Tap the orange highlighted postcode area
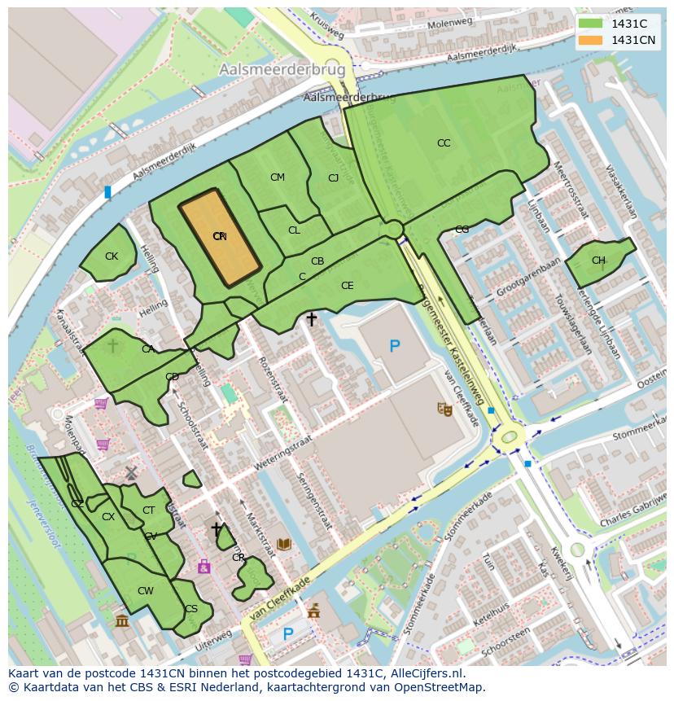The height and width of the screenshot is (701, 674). [219, 237]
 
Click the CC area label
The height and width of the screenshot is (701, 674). [444, 143]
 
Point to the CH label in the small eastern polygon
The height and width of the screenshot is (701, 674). [598, 261]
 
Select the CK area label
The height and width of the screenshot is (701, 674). [112, 256]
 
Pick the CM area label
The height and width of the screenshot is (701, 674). [278, 177]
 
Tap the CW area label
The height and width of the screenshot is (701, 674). [145, 591]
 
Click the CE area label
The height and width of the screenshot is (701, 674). [348, 286]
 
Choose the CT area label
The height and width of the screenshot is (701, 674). [149, 510]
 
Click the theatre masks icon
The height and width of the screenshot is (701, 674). [444, 409]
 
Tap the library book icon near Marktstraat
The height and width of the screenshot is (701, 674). [284, 544]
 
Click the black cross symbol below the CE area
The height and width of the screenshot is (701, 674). [311, 320]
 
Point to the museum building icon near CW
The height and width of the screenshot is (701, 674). [122, 622]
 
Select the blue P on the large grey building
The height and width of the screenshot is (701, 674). [395, 346]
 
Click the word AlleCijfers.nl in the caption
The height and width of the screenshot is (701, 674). [426, 673]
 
